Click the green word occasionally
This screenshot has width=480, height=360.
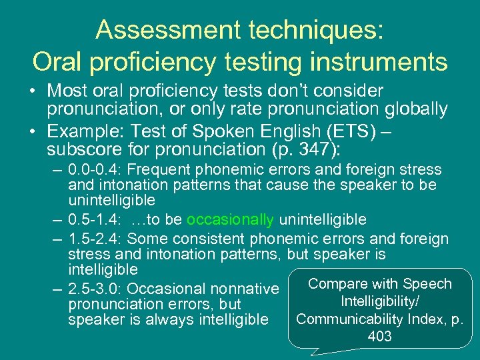point(230,220)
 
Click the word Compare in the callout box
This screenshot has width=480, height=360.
point(339,284)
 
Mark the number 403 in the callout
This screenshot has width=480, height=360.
point(379,337)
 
